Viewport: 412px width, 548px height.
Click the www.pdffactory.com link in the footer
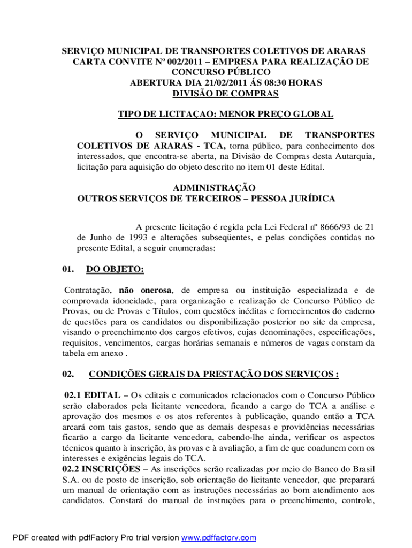[x=219, y=537]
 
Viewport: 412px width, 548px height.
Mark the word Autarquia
[x=355, y=156]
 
